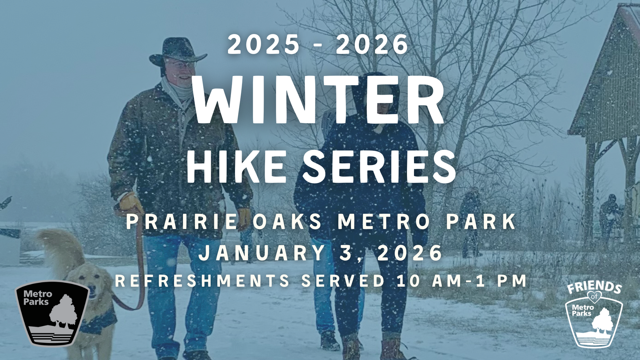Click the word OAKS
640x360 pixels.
point(287,222)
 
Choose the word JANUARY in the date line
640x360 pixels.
point(262,253)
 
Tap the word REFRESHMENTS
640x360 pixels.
point(202,281)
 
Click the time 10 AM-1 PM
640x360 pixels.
point(462,281)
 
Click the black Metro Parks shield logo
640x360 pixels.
point(52,313)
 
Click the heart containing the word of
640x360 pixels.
point(594,297)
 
